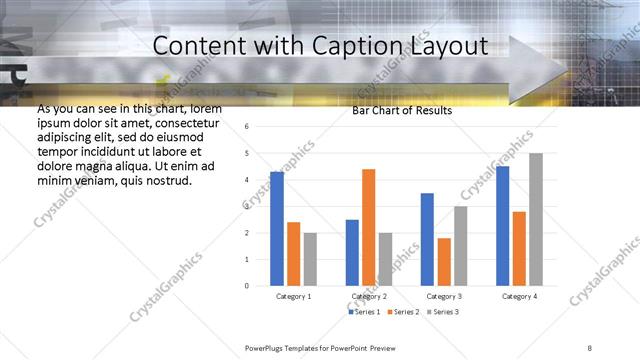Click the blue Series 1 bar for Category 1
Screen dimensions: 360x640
[x=277, y=229]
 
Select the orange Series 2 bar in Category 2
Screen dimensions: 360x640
[x=368, y=227]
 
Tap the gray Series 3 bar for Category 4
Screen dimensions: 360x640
[x=536, y=219]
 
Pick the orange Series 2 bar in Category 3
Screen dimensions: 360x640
[x=444, y=262]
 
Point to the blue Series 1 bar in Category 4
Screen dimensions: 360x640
[x=502, y=226]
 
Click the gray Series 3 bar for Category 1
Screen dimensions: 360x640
[x=310, y=259]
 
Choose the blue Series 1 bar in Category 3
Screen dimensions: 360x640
[x=427, y=239]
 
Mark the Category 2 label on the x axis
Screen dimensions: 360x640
[x=369, y=297]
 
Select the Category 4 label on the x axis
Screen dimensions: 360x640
[x=518, y=297]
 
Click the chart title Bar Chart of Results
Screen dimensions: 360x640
[x=401, y=110]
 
